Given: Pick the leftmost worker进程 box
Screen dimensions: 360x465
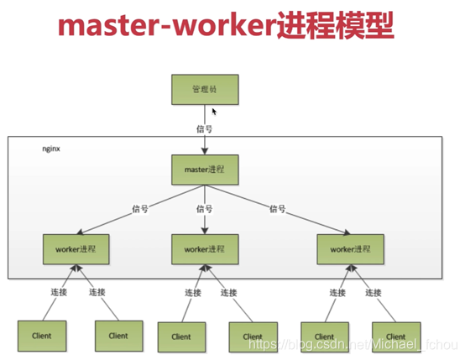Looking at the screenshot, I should click(76, 250).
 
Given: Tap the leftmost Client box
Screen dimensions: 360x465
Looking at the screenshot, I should click(40, 336).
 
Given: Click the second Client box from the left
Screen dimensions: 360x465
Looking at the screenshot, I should click(118, 336).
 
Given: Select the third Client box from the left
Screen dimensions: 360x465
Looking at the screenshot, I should click(181, 337).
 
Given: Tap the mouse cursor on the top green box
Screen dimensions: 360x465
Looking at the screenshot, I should click(215, 111).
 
